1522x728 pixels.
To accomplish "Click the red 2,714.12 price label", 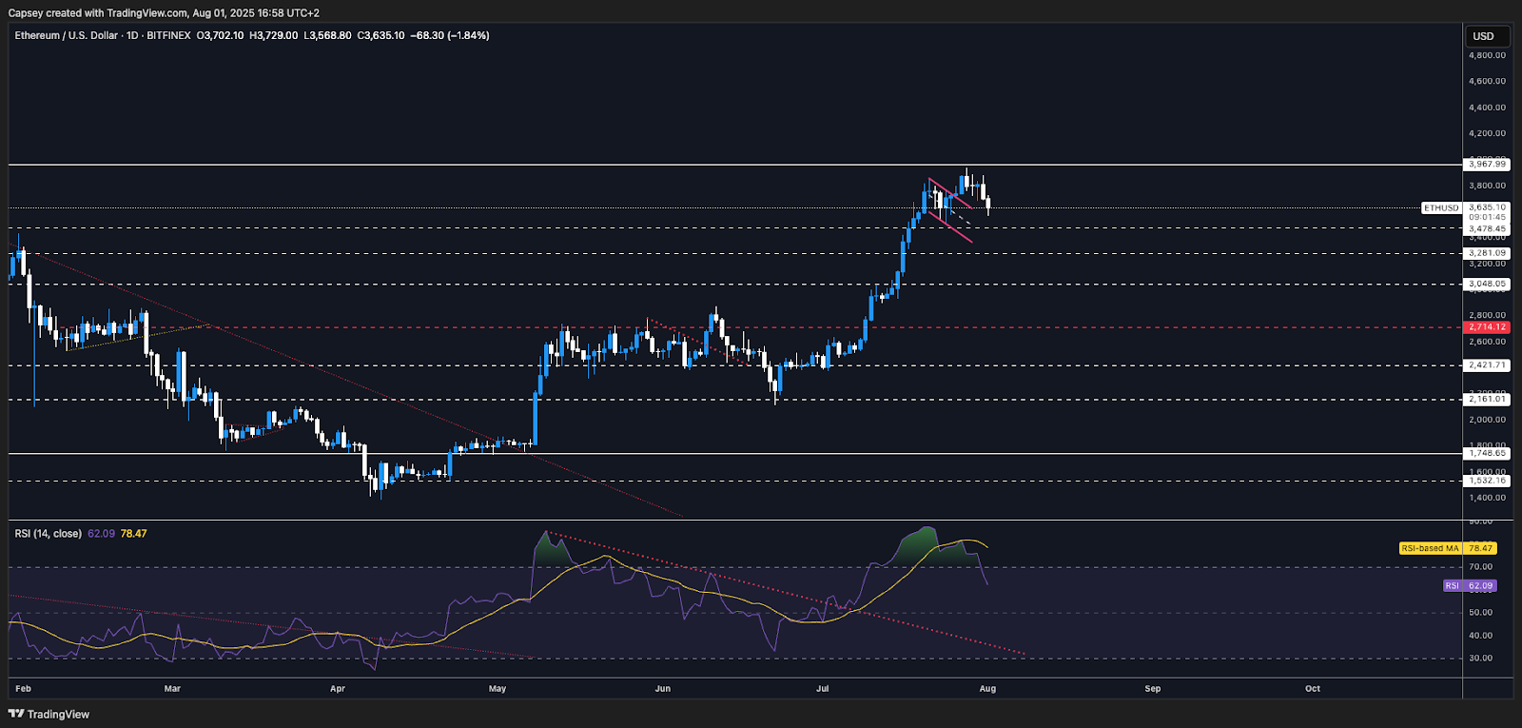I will (x=1487, y=327).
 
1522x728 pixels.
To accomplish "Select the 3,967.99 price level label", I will (x=1487, y=165).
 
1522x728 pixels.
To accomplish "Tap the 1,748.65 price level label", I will (x=1487, y=454).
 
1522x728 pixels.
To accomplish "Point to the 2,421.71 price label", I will (x=1487, y=365).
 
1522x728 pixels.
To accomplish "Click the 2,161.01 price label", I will (x=1487, y=400).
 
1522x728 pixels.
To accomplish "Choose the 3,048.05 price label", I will (x=1487, y=285).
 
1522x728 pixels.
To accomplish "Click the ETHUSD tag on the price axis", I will (x=1441, y=207).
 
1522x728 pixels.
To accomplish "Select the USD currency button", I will (x=1483, y=36).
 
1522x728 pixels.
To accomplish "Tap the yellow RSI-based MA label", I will (x=1430, y=548).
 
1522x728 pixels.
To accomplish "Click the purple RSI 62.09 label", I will (x=1469, y=586).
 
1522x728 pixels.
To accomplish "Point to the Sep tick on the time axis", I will (x=1153, y=688).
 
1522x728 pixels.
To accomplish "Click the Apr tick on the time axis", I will (x=338, y=688).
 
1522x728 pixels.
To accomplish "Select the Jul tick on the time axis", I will (x=823, y=688).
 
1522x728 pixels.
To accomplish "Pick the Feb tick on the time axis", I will (x=23, y=688).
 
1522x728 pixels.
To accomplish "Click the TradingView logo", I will (x=49, y=714).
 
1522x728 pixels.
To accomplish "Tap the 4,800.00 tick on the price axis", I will (x=1487, y=55).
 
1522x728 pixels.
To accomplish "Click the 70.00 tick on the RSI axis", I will (x=1480, y=567).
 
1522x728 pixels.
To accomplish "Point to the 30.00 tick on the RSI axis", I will (x=1480, y=659).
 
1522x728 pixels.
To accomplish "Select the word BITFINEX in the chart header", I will (x=168, y=35).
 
